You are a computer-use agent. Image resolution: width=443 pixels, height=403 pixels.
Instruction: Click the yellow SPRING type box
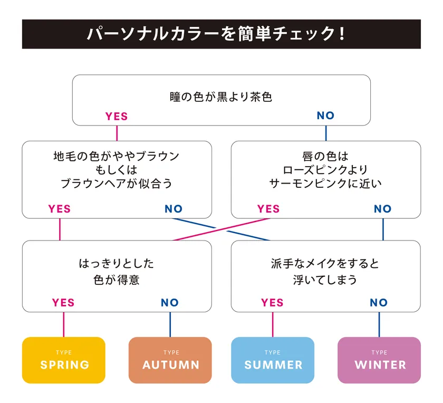point(64,360)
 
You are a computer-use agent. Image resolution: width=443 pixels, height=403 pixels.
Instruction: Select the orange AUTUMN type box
point(170,360)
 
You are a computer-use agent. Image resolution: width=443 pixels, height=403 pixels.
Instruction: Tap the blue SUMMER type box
point(273,360)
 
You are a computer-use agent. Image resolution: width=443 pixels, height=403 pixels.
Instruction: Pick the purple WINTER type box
point(379,360)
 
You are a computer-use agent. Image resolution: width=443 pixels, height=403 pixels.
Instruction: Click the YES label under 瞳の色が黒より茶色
point(117,116)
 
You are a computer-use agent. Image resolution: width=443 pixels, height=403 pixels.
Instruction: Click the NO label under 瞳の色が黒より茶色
point(326,116)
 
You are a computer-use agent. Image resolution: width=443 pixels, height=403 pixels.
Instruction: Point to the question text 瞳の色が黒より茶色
point(221,97)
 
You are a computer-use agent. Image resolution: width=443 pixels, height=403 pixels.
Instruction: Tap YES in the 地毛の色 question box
point(59,209)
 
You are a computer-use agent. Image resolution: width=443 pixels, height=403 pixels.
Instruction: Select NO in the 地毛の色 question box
point(174,209)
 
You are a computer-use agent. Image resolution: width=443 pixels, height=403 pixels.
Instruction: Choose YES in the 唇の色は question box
point(268,209)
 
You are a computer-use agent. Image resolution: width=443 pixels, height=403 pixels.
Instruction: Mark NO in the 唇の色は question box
point(383,209)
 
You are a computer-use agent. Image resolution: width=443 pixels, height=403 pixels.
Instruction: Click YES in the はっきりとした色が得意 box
point(63,303)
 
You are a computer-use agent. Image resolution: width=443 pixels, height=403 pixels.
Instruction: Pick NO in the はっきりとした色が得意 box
point(170,303)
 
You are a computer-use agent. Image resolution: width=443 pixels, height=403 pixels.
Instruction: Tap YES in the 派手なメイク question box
point(272,303)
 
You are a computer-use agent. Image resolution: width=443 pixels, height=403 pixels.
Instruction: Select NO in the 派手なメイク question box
point(379,303)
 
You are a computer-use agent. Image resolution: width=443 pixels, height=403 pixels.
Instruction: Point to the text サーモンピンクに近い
point(325,184)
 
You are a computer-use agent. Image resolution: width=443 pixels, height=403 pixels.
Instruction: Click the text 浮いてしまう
point(325,280)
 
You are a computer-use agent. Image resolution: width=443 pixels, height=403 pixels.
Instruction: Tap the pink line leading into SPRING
point(64,324)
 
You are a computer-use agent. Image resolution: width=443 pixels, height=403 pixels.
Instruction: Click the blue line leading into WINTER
point(379,324)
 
